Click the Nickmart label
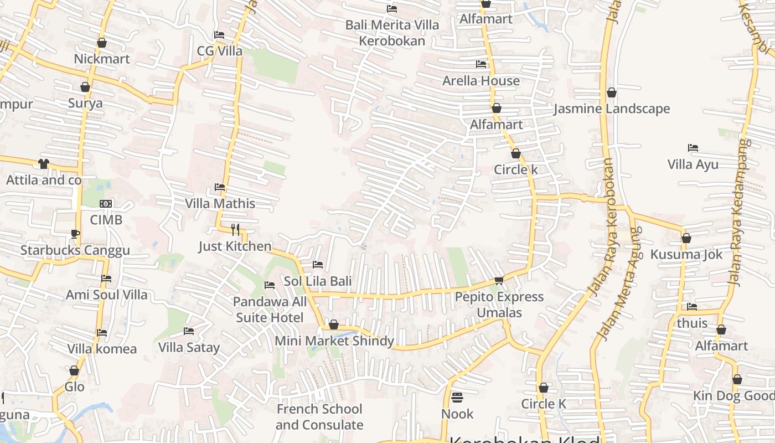pos(102,59)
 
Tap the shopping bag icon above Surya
pos(85,87)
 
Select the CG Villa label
pos(220,51)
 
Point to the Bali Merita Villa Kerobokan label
pos(392,33)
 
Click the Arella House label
pos(481,80)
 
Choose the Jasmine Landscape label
pos(612,109)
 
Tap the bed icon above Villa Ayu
pos(693,148)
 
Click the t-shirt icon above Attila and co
pos(44,163)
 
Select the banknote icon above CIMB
pos(106,204)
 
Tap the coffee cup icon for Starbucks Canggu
pos(75,234)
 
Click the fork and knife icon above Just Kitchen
pos(235,229)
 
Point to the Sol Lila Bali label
pos(318,281)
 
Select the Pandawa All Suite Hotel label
pos(270,310)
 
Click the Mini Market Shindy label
pos(334,341)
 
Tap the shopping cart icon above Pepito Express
pos(499,280)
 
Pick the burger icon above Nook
pos(457,397)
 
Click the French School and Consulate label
pos(319,417)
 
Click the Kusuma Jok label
pos(686,254)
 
